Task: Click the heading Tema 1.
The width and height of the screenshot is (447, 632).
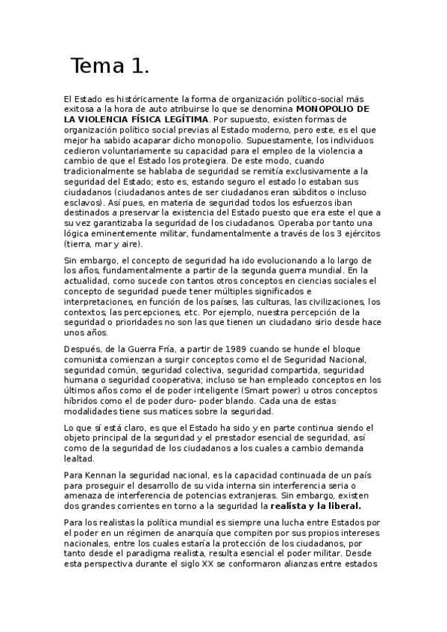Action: [x=110, y=66]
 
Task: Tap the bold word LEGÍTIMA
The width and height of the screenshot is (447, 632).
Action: [x=181, y=118]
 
